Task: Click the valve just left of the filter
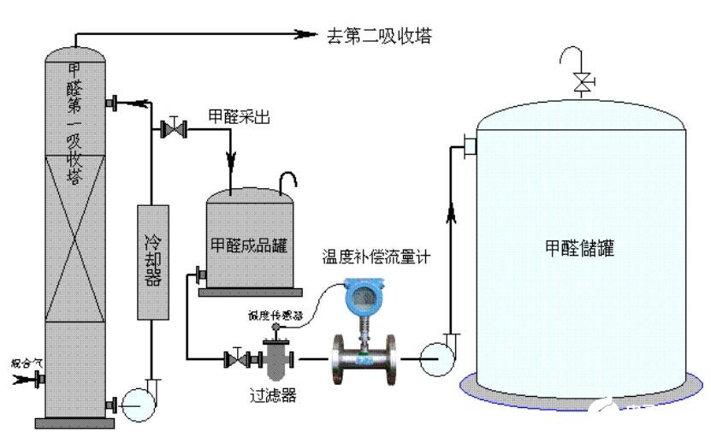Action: (x=234, y=358)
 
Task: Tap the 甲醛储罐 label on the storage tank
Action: (x=579, y=248)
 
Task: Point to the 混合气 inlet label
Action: (x=26, y=363)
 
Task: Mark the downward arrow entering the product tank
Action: (x=231, y=160)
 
